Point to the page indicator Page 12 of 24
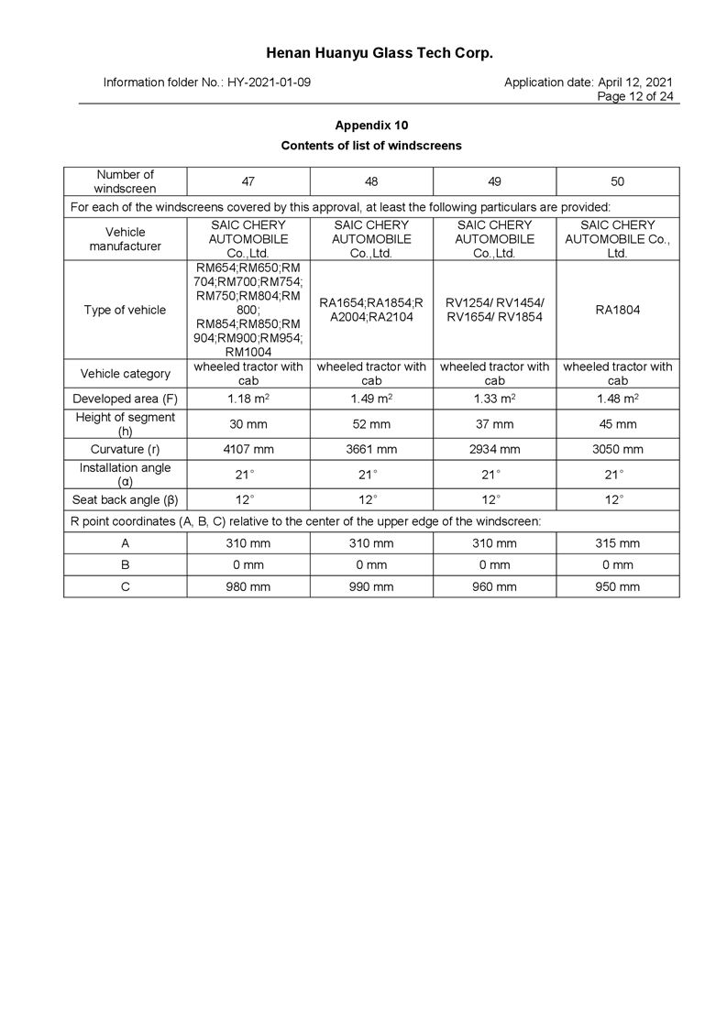click(635, 96)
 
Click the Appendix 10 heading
click(371, 125)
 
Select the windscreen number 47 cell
click(248, 181)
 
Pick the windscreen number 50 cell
click(618, 181)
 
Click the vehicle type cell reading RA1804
click(618, 310)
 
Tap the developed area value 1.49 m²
click(371, 399)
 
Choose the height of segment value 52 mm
click(371, 424)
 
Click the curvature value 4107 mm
click(248, 450)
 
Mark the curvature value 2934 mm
click(495, 450)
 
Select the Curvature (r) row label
click(126, 450)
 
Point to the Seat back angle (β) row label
click(126, 500)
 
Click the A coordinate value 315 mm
click(618, 543)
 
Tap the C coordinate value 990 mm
click(371, 587)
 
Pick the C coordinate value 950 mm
click(618, 587)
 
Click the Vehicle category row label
click(126, 374)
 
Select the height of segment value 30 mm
click(248, 424)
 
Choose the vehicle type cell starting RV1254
click(495, 310)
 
